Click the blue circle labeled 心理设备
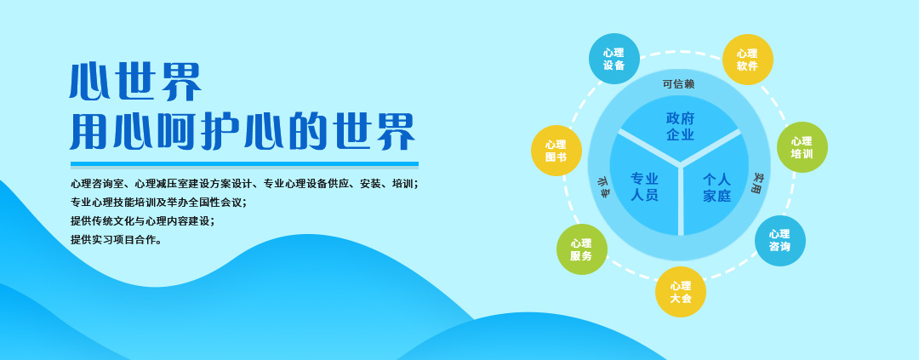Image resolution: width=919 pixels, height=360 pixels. point(614,59)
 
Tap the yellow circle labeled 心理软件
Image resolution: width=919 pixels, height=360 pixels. point(747,60)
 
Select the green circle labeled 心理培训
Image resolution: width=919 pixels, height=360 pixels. point(802,147)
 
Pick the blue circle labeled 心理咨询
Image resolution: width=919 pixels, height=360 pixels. point(780,240)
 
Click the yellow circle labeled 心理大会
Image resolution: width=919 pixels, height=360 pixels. point(681,292)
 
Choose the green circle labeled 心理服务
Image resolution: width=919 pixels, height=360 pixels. point(581,249)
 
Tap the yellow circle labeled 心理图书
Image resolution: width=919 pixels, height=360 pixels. point(557,151)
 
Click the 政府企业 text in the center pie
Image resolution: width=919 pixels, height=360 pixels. point(680,127)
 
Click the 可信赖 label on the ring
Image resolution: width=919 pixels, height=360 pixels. point(679,84)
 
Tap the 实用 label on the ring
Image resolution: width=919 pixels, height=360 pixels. point(758,183)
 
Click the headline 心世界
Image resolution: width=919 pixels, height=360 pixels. point(135,82)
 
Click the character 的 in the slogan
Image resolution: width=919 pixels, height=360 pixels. point(307,131)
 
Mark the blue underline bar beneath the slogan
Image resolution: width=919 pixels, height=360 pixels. point(244,164)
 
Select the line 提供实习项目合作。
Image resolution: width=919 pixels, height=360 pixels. point(116,240)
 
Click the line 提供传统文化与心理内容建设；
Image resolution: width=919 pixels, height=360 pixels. point(142,221)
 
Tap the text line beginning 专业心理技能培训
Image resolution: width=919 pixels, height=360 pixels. point(158,203)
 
